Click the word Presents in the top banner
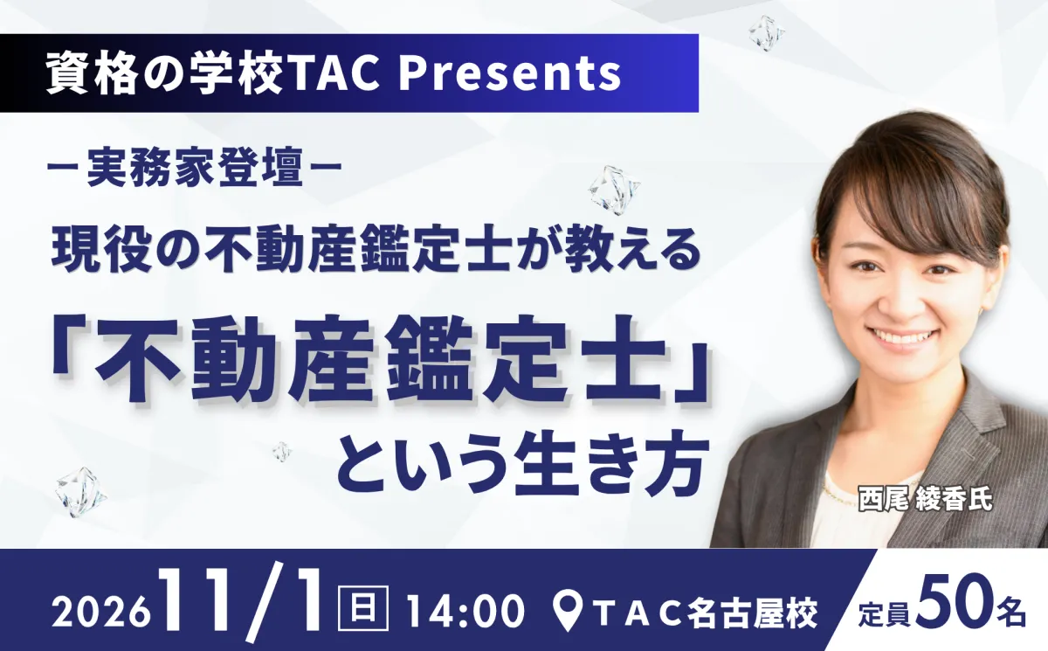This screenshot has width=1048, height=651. pos(509,73)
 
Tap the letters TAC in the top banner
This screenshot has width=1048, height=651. pos(334,73)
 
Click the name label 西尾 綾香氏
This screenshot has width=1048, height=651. pos(926,499)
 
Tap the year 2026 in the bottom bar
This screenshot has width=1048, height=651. pos(103,611)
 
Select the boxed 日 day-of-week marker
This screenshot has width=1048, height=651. pos(363,607)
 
